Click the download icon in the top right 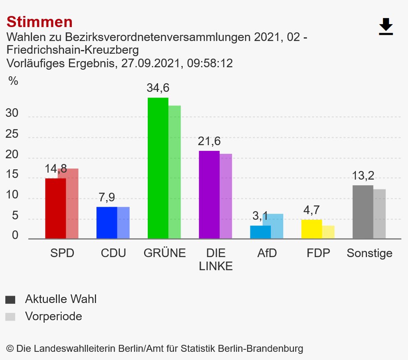pyautogui.click(x=386, y=27)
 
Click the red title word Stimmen pyautogui.click(x=39, y=21)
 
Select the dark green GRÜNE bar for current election pyautogui.click(x=158, y=168)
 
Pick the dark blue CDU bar pyautogui.click(x=106, y=223)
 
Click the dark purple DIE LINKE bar pyautogui.click(x=209, y=195)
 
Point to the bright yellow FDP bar pyautogui.click(x=312, y=229)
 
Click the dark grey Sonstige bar pyautogui.click(x=363, y=212)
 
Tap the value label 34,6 pyautogui.click(x=158, y=88)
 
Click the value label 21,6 pyautogui.click(x=209, y=141)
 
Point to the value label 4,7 pyautogui.click(x=312, y=210)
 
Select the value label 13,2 pyautogui.click(x=363, y=176)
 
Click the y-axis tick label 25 pyautogui.click(x=12, y=134)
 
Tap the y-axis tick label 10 pyautogui.click(x=12, y=195)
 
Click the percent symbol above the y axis pyautogui.click(x=14, y=81)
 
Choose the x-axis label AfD pyautogui.click(x=267, y=253)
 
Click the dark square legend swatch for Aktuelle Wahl pyautogui.click(x=10, y=300)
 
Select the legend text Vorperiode pyautogui.click(x=53, y=317)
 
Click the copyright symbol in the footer pyautogui.click(x=10, y=349)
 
